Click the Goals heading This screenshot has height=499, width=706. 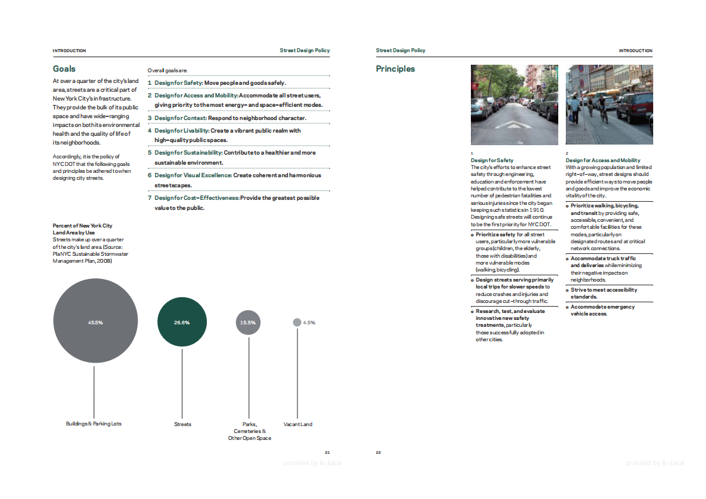tap(64, 69)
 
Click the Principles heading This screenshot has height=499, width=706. tap(395, 69)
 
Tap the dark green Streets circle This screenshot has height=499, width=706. tap(182, 322)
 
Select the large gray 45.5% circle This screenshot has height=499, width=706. tap(95, 322)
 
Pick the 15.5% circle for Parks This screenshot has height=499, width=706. tap(248, 322)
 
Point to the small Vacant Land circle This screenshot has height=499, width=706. tap(297, 322)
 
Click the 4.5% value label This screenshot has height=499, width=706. tap(309, 322)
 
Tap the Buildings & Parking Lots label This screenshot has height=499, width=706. tap(94, 424)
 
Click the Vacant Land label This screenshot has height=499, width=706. tap(298, 424)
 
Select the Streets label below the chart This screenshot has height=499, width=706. tap(182, 424)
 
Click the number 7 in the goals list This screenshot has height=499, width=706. tap(150, 198)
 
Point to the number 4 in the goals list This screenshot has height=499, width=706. tap(150, 131)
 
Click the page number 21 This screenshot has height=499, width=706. tap(327, 452)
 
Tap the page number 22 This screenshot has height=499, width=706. tap(378, 452)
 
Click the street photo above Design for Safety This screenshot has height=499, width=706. tap(514, 105)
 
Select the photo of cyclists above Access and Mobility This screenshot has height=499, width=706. tap(609, 105)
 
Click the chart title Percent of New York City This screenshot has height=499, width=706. tap(82, 226)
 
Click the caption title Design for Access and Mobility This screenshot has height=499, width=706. tap(603, 161)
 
